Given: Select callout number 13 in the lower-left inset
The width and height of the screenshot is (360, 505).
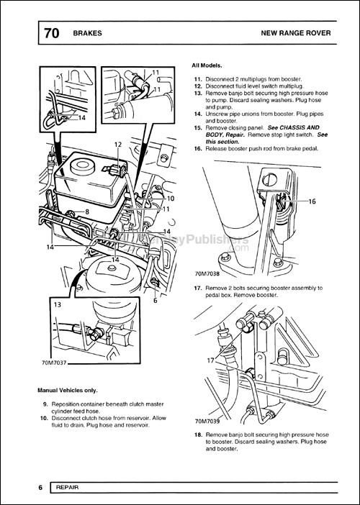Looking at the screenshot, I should [x=57, y=304].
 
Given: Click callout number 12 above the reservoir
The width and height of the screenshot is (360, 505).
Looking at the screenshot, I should [x=118, y=145].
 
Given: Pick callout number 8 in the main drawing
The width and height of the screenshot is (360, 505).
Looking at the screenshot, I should [x=86, y=211].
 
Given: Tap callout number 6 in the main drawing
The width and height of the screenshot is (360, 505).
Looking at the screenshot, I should [x=155, y=301].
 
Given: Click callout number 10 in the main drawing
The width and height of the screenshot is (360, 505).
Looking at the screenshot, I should [x=171, y=198].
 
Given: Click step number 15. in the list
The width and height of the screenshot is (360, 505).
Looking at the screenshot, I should [x=198, y=127].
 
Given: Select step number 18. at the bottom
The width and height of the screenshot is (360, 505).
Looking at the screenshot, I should [x=198, y=436].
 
